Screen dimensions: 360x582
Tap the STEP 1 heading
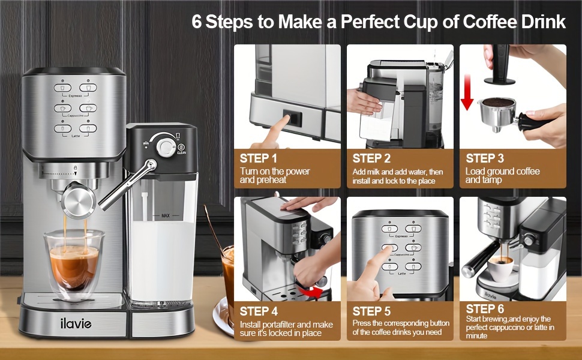(259, 158)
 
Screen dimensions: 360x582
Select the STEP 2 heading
(371, 158)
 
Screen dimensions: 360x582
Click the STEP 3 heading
(484, 158)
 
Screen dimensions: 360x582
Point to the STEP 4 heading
(259, 311)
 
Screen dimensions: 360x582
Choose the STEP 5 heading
(371, 311)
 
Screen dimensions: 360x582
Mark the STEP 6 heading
(484, 308)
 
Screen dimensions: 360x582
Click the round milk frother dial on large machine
(164, 146)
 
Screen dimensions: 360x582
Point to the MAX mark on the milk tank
(166, 215)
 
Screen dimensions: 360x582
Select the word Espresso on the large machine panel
(75, 95)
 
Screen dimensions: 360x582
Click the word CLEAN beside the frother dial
(182, 152)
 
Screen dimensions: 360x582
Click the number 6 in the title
(197, 22)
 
